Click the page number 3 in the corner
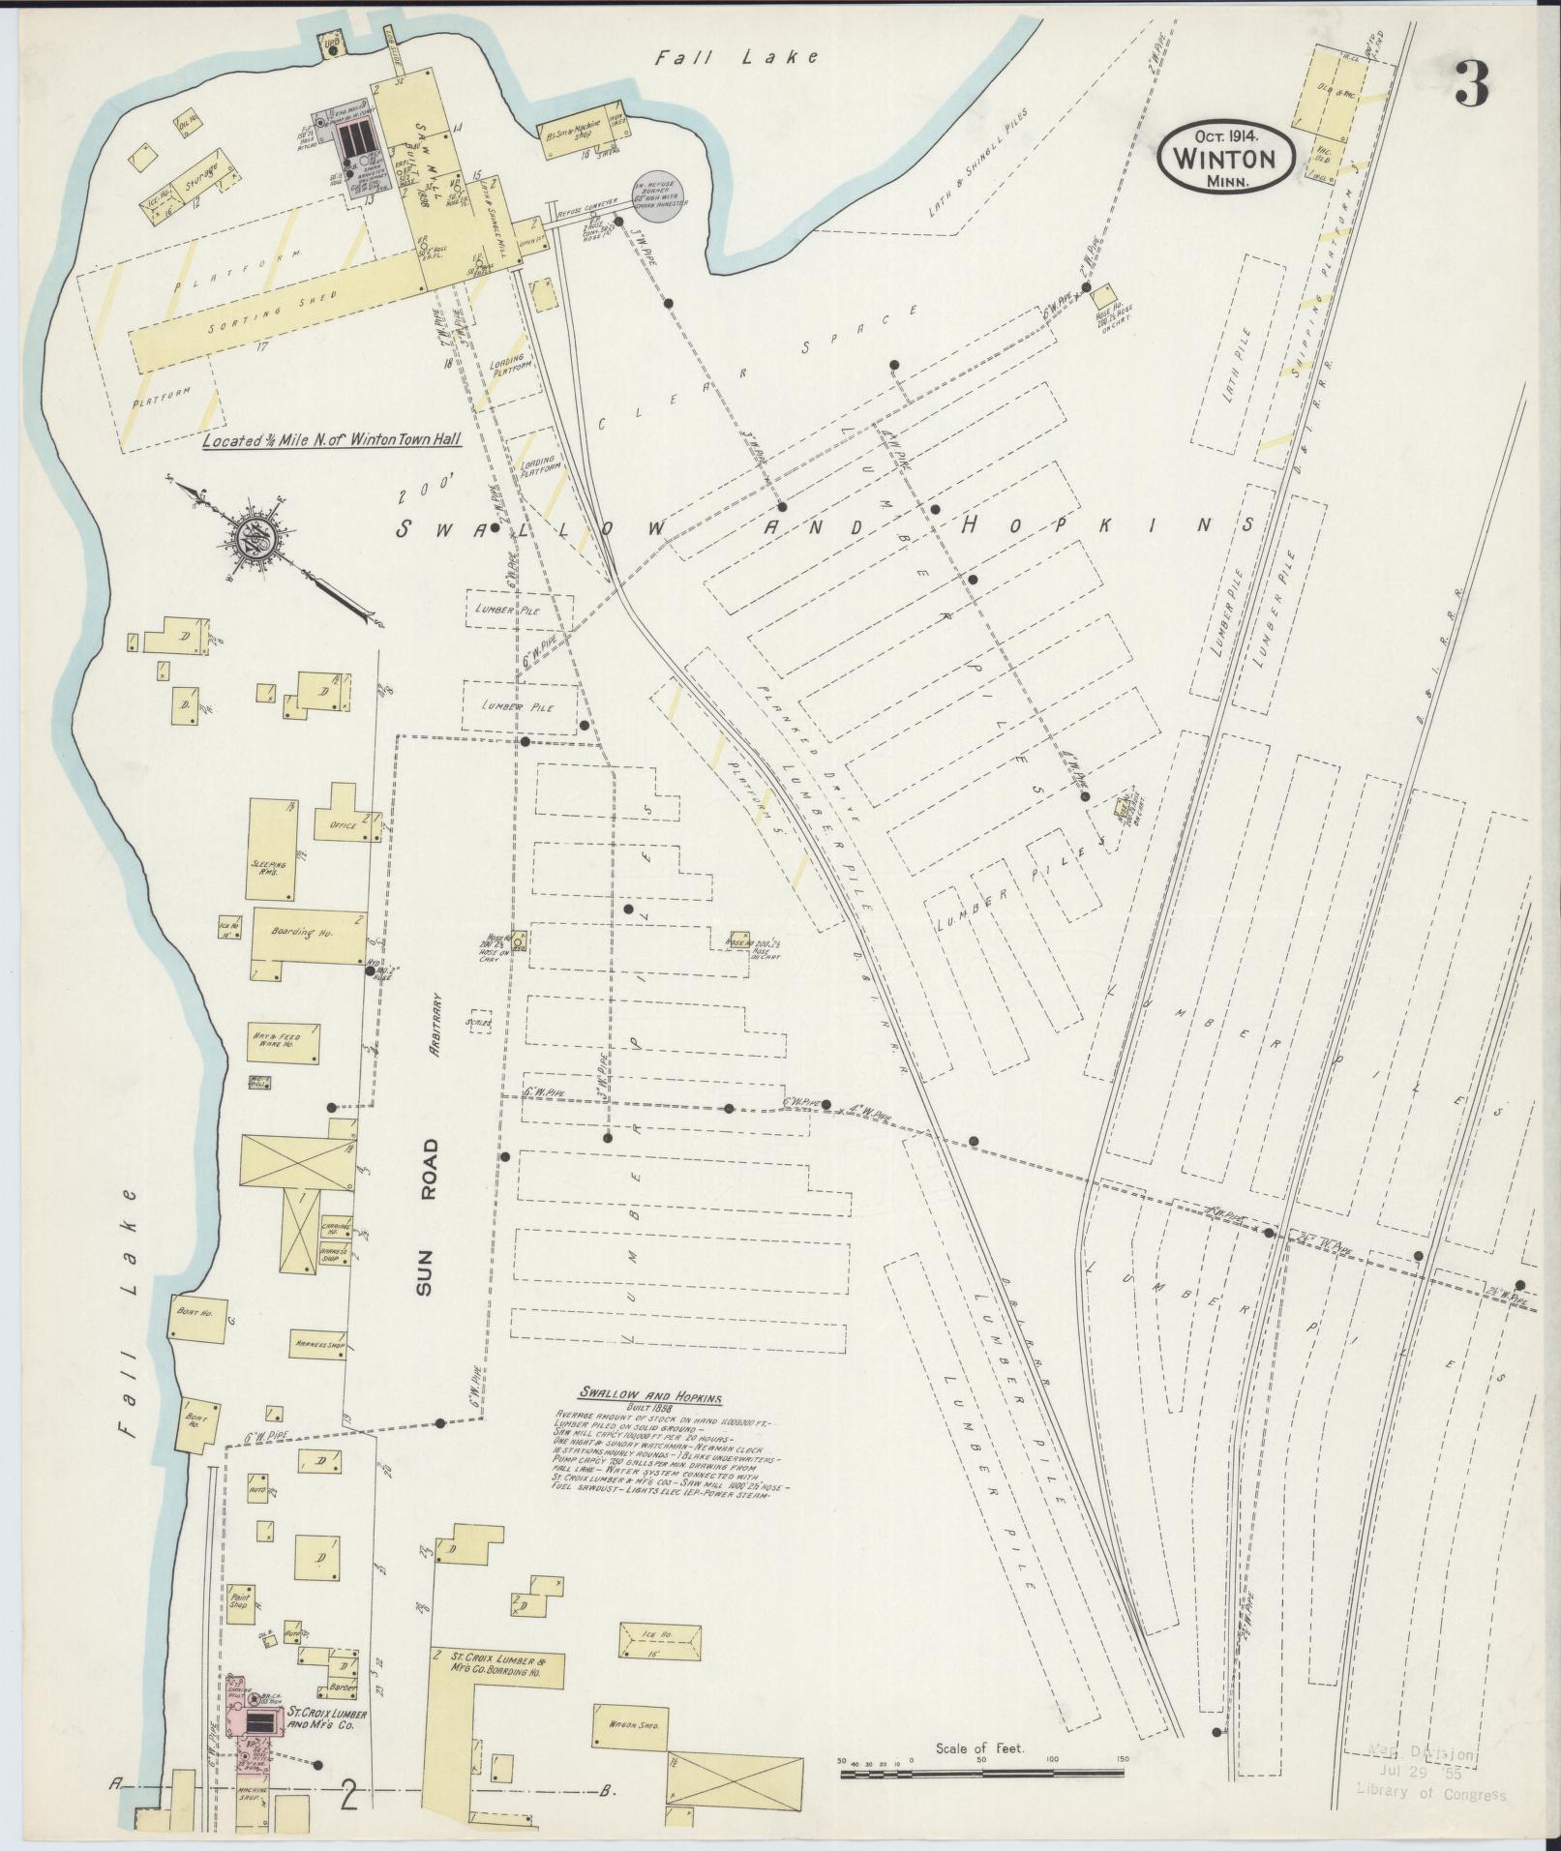(1470, 84)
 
